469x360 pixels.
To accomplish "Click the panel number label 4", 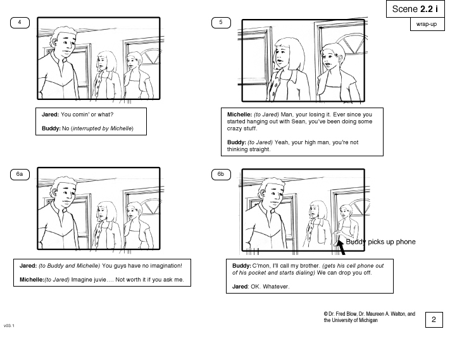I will click(20, 23).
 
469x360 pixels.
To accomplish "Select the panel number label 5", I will click(221, 23).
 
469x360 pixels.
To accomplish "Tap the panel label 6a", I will click(20, 174).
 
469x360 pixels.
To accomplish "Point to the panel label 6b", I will click(221, 174).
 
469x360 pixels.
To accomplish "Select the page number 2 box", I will click(434, 320).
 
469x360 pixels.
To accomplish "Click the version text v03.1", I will click(9, 326).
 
